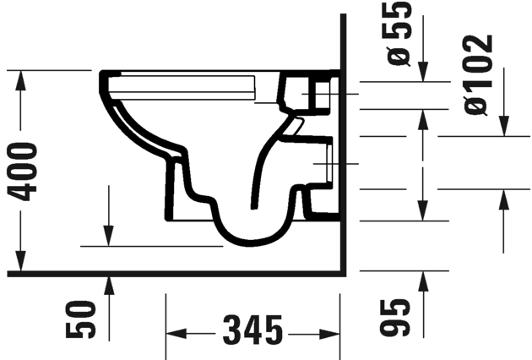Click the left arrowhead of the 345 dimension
[174, 331]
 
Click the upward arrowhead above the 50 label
[109, 286]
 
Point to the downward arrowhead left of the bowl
[109, 236]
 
